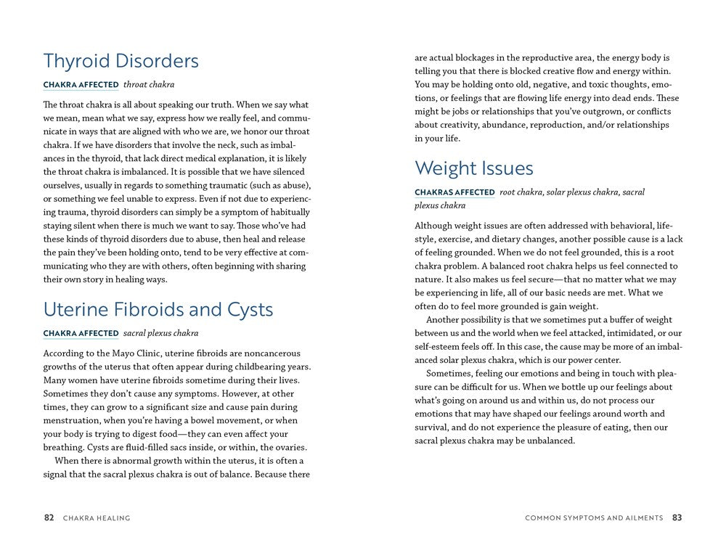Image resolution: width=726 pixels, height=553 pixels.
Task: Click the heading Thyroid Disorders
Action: [121, 61]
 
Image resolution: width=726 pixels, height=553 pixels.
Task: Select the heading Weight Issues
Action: [473, 168]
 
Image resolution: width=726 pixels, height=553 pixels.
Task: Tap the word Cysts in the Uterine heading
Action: [245, 310]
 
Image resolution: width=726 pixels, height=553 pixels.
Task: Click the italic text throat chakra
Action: [148, 85]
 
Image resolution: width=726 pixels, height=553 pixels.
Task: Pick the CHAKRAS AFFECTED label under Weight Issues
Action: [454, 192]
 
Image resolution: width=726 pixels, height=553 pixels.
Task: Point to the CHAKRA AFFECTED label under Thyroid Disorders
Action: [81, 85]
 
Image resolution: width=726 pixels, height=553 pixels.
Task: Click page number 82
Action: [49, 518]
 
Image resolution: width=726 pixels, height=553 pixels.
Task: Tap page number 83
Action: [677, 518]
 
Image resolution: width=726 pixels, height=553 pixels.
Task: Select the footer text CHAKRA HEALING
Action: [97, 518]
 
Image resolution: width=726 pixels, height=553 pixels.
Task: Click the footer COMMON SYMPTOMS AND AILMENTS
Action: [594, 518]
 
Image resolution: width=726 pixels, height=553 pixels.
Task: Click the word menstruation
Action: [74, 420]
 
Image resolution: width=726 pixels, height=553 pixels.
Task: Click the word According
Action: [64, 353]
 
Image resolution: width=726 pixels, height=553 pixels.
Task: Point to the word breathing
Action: [62, 447]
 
